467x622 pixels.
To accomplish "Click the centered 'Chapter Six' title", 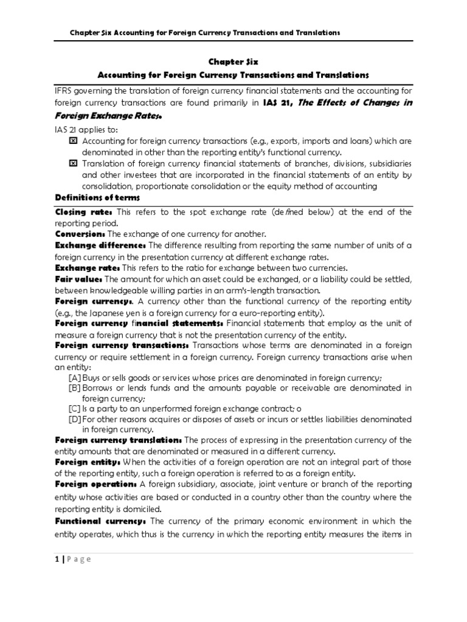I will coord(233,61).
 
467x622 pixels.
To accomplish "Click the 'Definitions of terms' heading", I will coord(97,198).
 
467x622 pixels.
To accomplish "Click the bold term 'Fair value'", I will coord(78,279).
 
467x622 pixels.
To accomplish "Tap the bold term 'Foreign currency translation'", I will coord(119,440).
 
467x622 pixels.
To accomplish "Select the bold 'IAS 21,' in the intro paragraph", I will coord(282,103).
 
